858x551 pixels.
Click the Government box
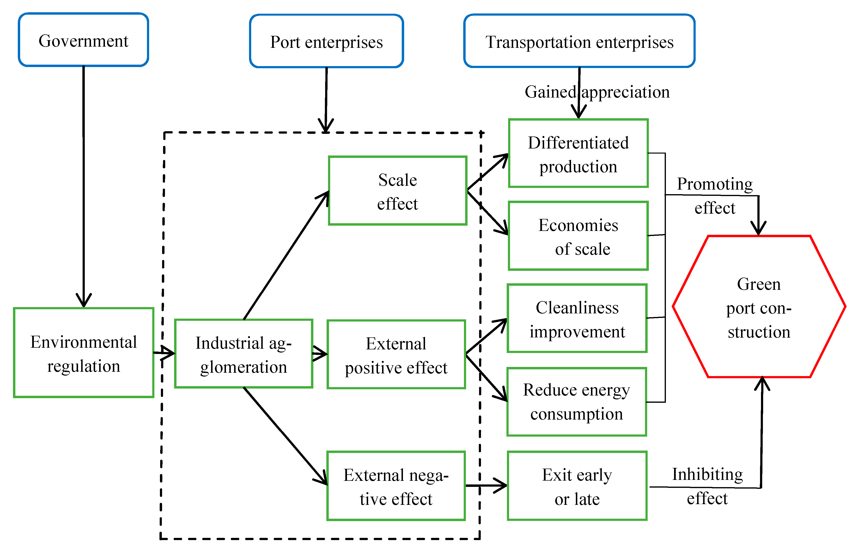83,40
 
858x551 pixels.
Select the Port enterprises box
326,41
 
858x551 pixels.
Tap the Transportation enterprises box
579,41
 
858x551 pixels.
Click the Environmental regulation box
83,353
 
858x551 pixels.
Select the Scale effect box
397,191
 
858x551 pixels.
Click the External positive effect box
396,354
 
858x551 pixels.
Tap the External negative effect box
396,486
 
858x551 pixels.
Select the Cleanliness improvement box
577,318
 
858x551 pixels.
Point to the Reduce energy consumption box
577,402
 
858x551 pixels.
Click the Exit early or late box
577,486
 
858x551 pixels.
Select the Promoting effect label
715,195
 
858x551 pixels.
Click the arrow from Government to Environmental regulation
84,186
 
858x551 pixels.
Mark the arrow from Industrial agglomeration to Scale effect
286,256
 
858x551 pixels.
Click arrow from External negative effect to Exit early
486,486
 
